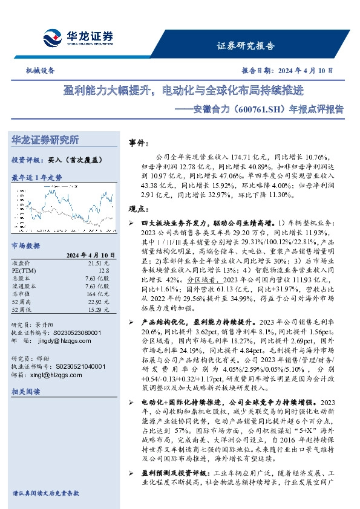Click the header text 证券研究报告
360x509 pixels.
point(245,46)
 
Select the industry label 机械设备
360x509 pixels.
point(40,70)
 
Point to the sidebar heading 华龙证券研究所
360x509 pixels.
point(45,140)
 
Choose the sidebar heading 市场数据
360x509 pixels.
point(26,245)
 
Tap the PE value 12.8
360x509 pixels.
point(104,271)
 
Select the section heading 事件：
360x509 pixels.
point(139,144)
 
